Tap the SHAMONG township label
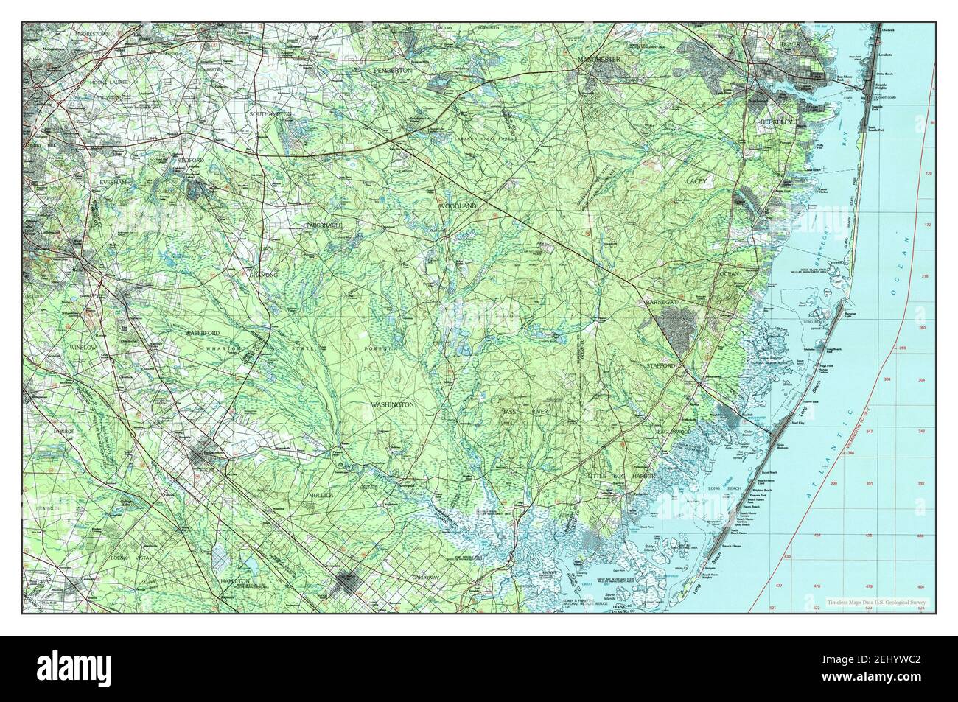tap(263, 274)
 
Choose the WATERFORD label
tap(203, 334)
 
